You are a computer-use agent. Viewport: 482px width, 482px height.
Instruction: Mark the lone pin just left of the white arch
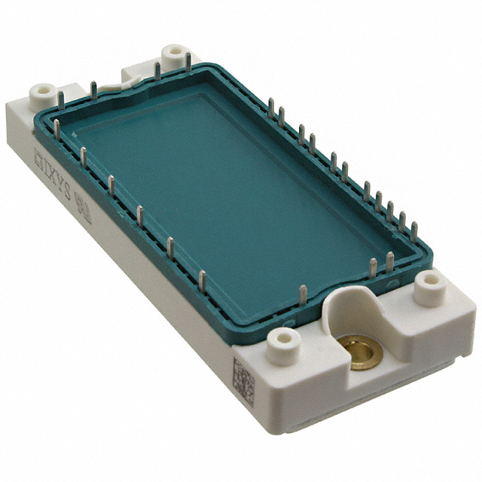pos(303,294)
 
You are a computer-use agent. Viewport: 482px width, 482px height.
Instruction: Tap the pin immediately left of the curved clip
pos(94,90)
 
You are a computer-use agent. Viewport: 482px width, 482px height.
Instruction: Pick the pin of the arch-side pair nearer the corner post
pos(390,262)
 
